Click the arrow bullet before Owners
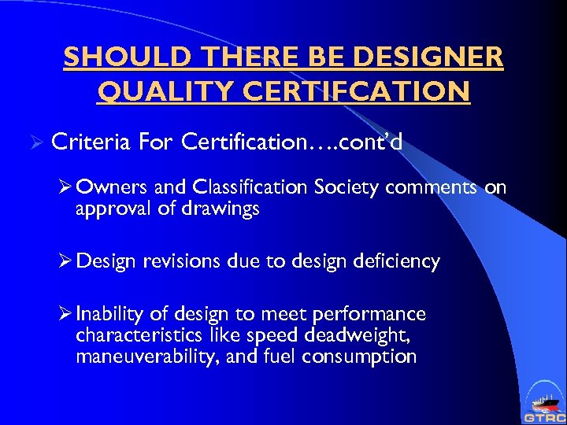66,187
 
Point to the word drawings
225,210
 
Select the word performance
369,315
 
